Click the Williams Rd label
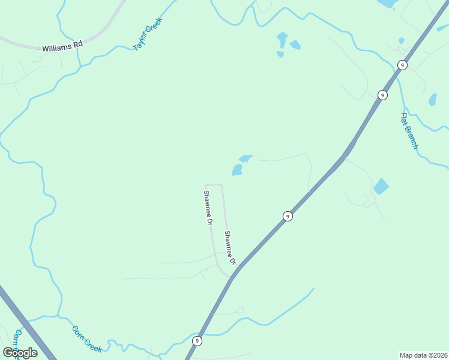coord(62,47)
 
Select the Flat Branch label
coord(409,131)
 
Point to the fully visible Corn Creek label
coord(87,338)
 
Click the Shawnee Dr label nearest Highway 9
coord(230,248)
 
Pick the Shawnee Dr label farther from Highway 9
coord(208,208)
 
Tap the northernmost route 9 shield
coord(402,65)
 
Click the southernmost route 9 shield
coord(197,341)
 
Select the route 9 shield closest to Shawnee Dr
coord(288,216)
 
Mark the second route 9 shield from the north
coord(382,95)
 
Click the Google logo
coord(20,353)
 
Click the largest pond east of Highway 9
coord(381,187)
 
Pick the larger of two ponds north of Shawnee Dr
coord(237,170)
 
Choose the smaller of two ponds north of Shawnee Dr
coord(246,158)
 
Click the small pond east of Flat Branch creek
coord(433,100)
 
